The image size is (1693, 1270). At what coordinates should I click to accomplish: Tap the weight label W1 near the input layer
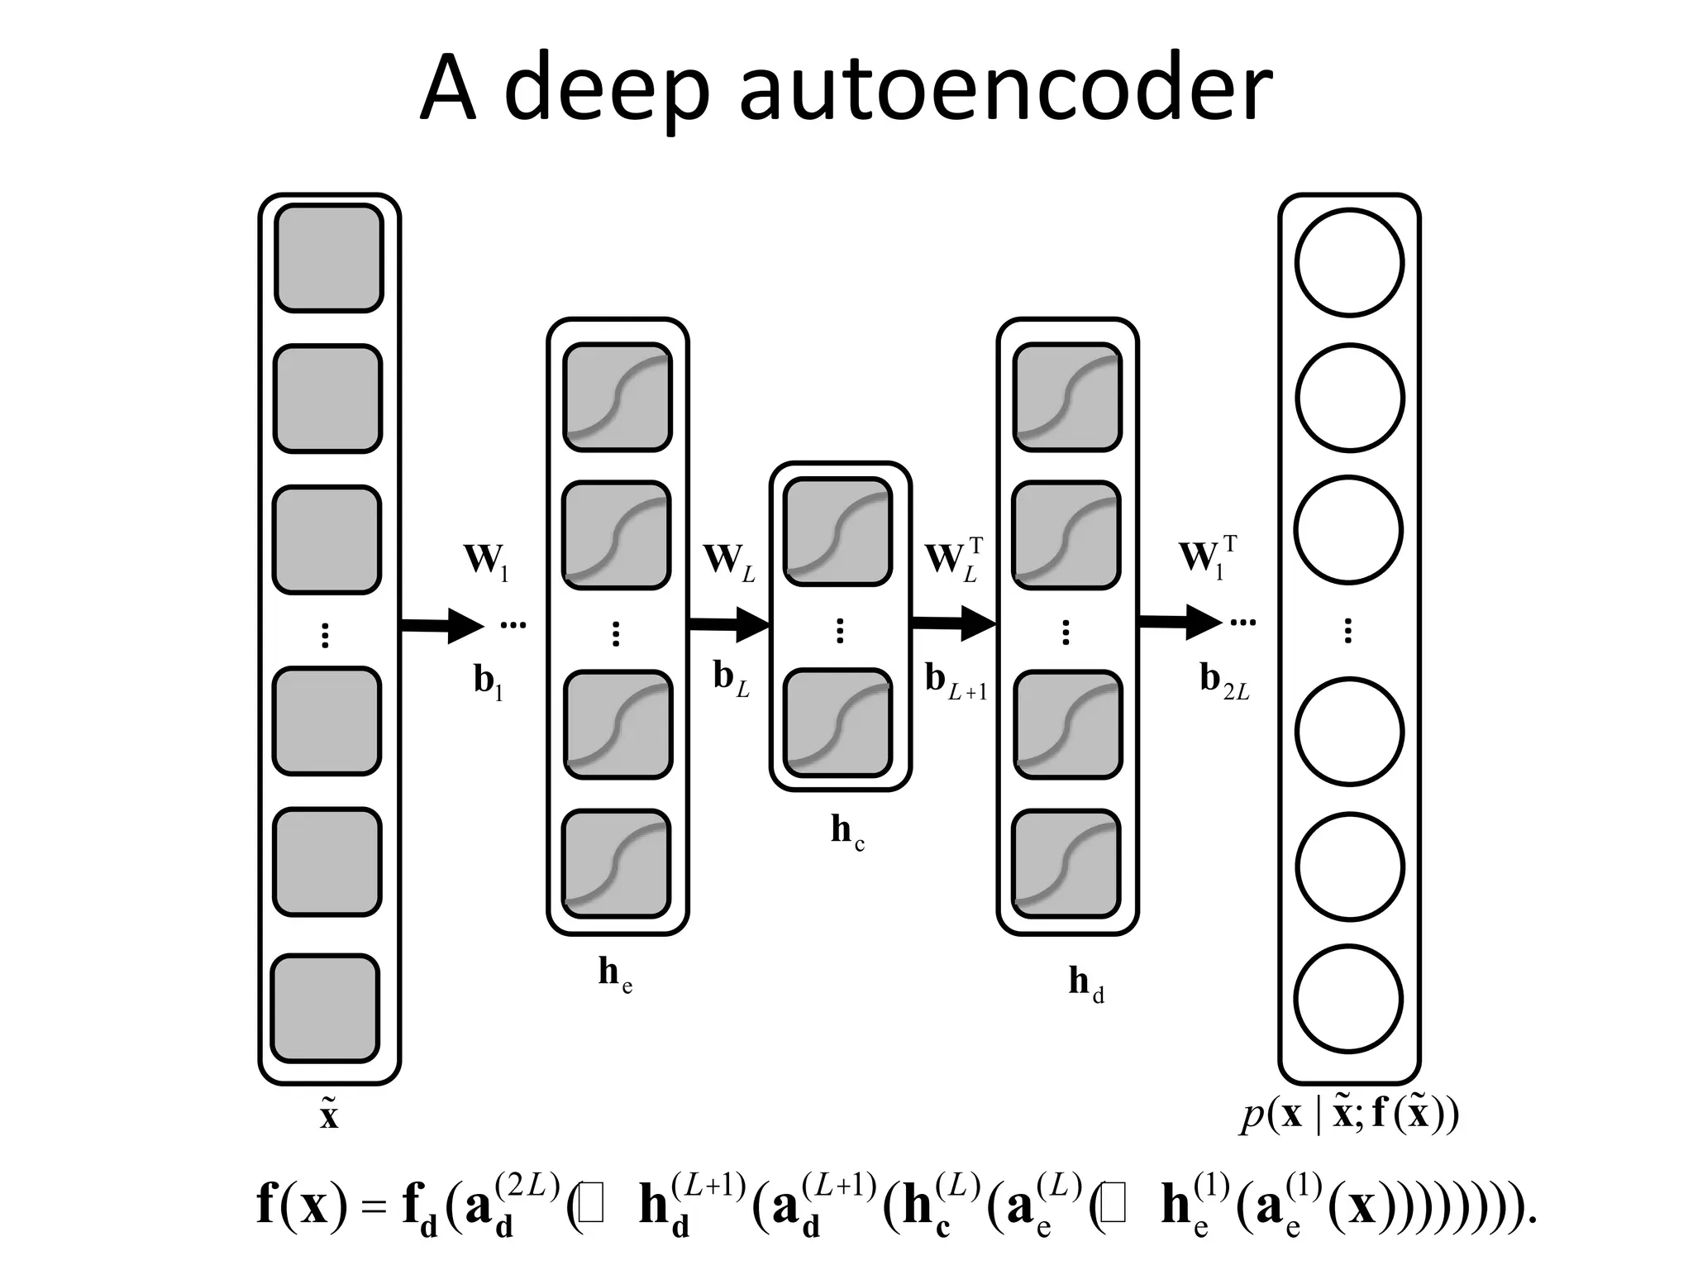pyautogui.click(x=486, y=560)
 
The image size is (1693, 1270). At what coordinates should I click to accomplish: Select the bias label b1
pyautogui.click(x=488, y=681)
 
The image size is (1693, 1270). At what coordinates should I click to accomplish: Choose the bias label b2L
pyautogui.click(x=1224, y=680)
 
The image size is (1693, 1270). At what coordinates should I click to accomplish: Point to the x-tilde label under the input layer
pyautogui.click(x=329, y=1113)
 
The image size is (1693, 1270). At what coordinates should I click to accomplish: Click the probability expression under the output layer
pyautogui.click(x=1349, y=1114)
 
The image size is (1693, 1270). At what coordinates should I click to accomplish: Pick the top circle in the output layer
pyautogui.click(x=1349, y=263)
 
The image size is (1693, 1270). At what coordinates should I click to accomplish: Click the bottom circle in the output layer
pyautogui.click(x=1348, y=999)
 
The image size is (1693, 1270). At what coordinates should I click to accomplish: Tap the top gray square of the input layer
pyautogui.click(x=328, y=258)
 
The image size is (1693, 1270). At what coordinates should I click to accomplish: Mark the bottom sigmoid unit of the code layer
pyautogui.click(x=838, y=722)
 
